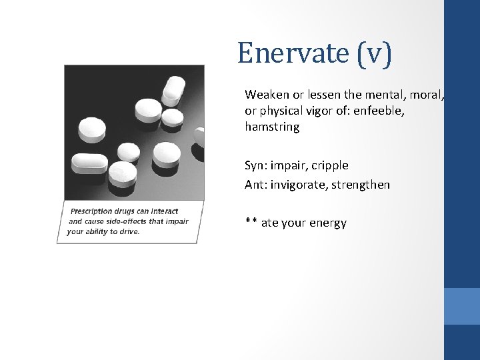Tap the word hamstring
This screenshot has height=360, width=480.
pos(272,127)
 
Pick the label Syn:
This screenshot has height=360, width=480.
pos(255,165)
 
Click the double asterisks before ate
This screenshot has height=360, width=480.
pos(251,223)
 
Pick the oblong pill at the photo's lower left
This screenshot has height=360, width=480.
pos(89,163)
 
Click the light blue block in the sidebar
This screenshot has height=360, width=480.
pos(461,306)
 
